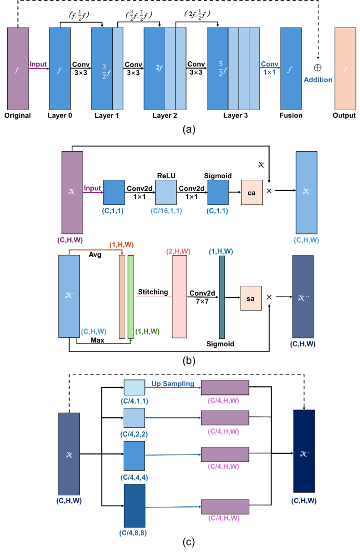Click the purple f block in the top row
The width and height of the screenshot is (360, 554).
tap(18, 69)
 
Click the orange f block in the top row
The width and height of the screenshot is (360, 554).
tap(345, 69)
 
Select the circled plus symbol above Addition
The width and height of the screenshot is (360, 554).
tap(318, 68)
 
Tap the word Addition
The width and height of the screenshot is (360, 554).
tap(318, 80)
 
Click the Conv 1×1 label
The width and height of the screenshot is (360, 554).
tap(270, 68)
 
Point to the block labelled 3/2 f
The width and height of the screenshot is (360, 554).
tap(102, 69)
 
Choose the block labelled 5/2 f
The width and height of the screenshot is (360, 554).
tap(218, 69)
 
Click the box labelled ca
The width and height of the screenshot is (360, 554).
tap(252, 192)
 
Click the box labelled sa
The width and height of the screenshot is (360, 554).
tap(251, 298)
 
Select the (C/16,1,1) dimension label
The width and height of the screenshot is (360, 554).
tap(166, 211)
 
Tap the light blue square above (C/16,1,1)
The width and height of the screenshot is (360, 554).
tap(166, 192)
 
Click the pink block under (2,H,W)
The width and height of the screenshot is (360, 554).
tap(179, 296)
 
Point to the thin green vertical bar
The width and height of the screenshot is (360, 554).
tap(131, 296)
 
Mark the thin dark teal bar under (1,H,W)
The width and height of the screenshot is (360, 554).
tap(222, 297)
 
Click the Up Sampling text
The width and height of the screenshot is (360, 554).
tap(172, 384)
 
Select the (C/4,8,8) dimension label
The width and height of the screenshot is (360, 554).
tap(133, 533)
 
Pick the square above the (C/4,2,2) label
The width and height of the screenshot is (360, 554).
tap(134, 418)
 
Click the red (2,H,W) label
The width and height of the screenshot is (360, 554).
tap(178, 252)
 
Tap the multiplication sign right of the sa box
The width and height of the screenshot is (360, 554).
tap(269, 297)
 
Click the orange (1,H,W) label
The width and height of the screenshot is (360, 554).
tap(121, 244)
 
